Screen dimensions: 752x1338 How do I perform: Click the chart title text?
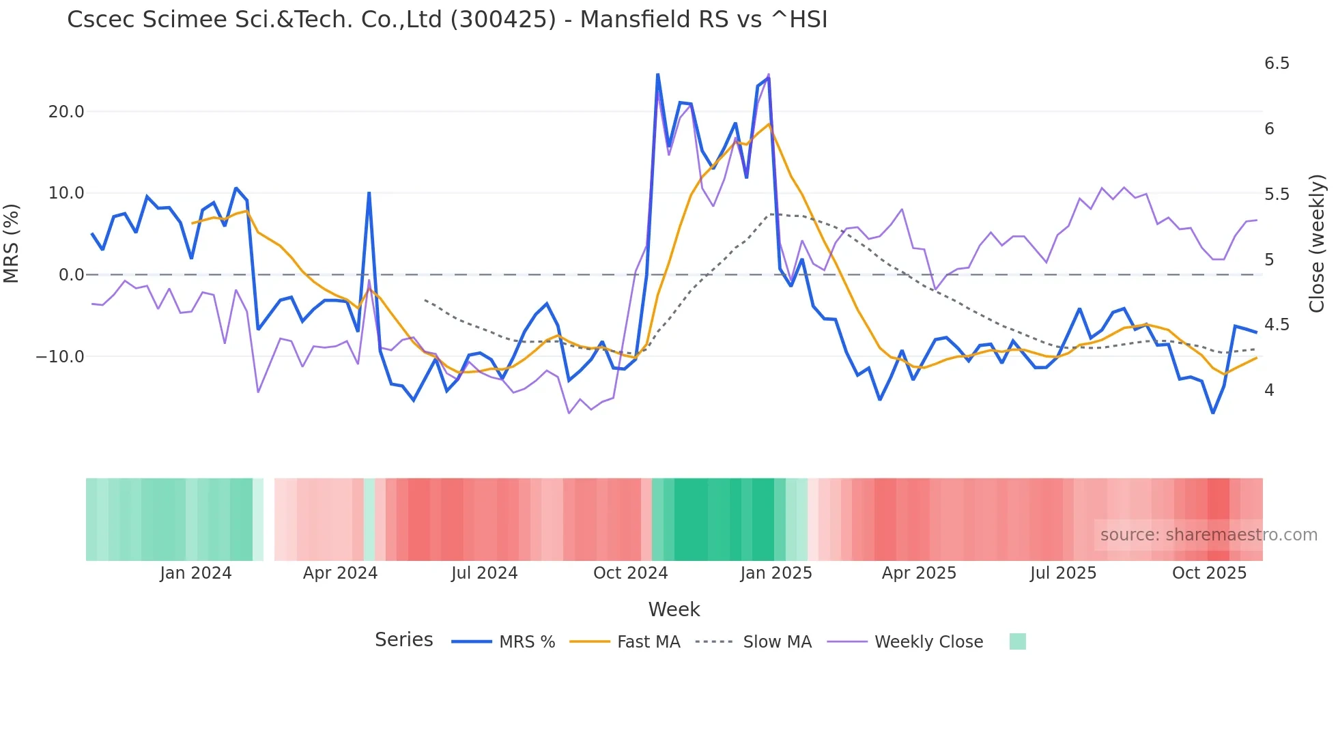click(x=447, y=19)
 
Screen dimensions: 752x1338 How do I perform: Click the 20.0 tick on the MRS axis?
click(x=66, y=112)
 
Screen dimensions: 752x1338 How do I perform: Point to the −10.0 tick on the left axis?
click(x=60, y=357)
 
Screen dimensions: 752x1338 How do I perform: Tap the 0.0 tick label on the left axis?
click(x=71, y=275)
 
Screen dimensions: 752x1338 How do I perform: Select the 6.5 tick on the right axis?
click(x=1277, y=63)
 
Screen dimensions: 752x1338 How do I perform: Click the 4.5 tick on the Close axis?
click(x=1277, y=325)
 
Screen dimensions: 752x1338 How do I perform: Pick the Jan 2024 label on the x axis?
click(x=196, y=573)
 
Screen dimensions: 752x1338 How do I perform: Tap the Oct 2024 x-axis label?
click(x=630, y=573)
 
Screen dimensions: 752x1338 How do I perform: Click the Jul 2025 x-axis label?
click(x=1063, y=573)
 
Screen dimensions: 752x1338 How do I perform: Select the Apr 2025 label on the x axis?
click(x=919, y=573)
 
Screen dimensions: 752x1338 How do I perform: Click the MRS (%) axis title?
click(x=12, y=243)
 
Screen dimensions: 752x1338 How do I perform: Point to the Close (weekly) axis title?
click(x=1317, y=243)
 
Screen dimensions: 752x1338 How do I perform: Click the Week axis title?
click(x=674, y=609)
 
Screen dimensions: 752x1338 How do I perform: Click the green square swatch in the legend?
click(x=1017, y=641)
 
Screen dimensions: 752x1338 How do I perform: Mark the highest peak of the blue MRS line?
click(x=657, y=74)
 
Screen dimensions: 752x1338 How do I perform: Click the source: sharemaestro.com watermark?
click(x=1208, y=535)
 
